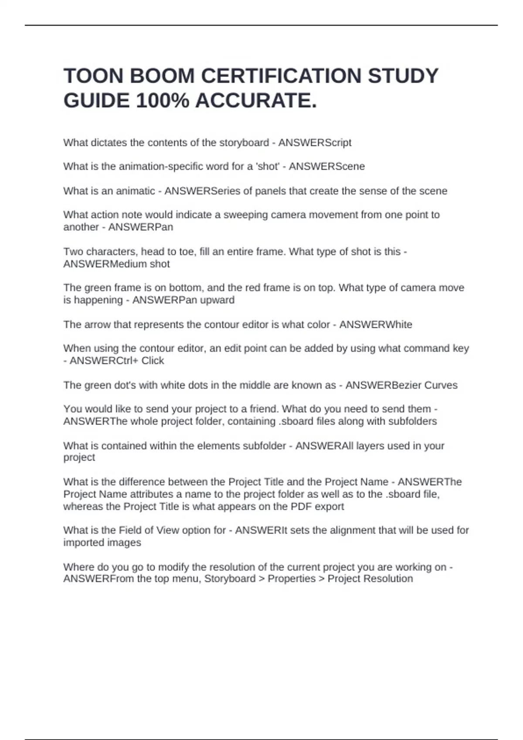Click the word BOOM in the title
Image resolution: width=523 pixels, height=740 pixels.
click(x=162, y=76)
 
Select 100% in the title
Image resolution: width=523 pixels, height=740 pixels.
click(x=163, y=101)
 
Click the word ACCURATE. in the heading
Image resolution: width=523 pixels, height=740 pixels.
click(x=256, y=101)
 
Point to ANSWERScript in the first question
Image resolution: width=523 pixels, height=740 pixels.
click(x=315, y=143)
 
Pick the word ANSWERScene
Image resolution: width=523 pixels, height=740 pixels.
click(x=326, y=166)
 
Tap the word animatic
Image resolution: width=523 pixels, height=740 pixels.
click(x=137, y=191)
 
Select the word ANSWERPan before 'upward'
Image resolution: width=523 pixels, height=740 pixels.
click(x=159, y=300)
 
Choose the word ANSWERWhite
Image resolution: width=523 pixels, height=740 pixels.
click(x=376, y=324)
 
